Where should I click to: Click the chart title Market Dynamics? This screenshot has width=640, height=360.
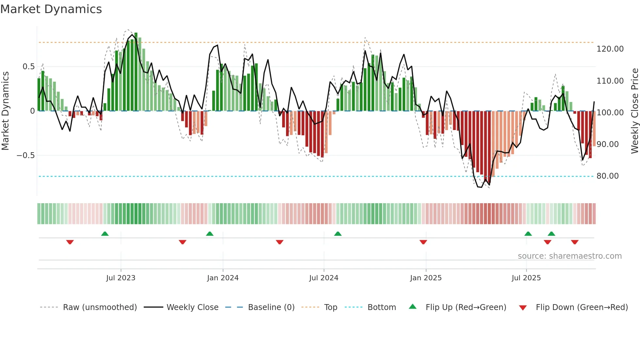51,9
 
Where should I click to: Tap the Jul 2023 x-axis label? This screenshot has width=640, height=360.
120,278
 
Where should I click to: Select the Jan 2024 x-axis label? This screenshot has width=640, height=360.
223,278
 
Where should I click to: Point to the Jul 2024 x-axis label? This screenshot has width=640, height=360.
324,278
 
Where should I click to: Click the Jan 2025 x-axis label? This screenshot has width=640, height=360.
426,278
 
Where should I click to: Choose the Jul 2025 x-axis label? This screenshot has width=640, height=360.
526,278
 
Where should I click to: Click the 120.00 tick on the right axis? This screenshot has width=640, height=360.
610,49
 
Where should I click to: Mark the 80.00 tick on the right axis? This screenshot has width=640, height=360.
607,176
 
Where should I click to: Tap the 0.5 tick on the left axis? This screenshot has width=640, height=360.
28,67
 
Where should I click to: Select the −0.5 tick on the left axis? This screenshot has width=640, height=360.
26,155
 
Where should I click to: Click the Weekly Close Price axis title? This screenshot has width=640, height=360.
634,111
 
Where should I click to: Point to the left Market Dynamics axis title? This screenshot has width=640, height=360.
5,111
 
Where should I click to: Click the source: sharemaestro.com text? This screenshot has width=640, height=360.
569,256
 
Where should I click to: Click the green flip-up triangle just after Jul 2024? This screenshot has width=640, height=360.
338,234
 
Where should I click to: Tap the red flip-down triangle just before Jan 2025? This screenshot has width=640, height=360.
423,242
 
